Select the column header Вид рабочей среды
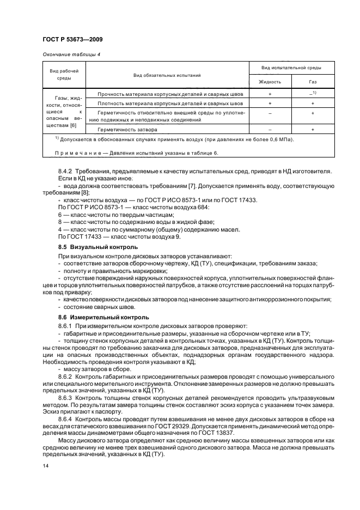(x=64, y=74)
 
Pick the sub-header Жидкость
(x=270, y=81)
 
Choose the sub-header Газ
(x=313, y=81)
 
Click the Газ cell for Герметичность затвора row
(x=313, y=130)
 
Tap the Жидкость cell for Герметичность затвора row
(x=270, y=130)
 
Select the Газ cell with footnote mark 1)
(x=313, y=94)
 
